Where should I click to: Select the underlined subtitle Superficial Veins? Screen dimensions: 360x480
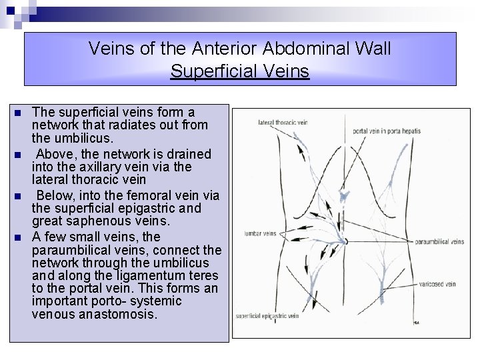pyautogui.click(x=240, y=71)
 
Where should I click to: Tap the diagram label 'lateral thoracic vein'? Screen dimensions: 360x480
pyautogui.click(x=285, y=122)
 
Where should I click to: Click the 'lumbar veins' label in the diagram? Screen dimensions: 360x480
pyautogui.click(x=257, y=234)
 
